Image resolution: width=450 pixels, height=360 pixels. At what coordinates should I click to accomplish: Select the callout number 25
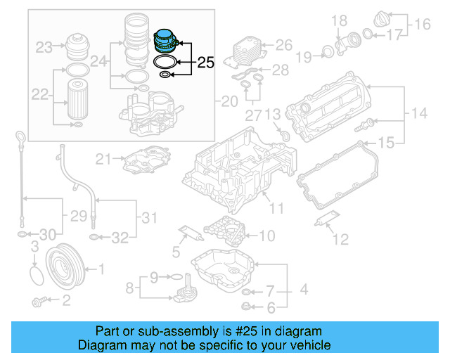pos(205,63)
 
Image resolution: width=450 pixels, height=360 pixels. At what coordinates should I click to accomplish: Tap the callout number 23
pos(44,48)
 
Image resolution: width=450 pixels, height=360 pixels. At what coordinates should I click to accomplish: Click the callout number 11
pos(277,208)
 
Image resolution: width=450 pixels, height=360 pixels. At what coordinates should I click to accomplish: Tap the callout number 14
pos(419,112)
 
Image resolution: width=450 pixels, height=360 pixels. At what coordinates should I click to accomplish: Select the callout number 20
pos(229,102)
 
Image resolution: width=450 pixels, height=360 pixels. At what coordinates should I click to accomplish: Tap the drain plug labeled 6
pos(245,306)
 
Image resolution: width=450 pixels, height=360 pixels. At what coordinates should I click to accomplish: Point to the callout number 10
pos(267,236)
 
